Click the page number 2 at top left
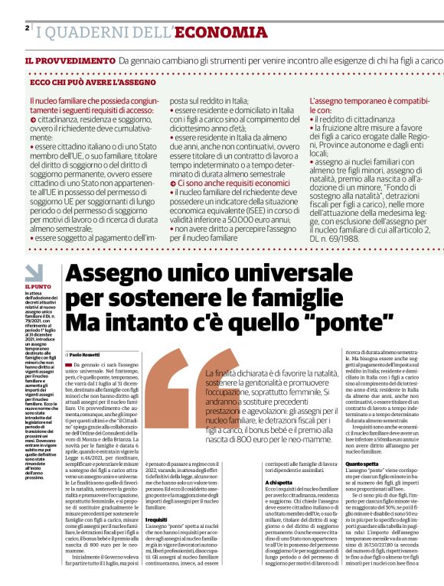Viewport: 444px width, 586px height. click(28, 28)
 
